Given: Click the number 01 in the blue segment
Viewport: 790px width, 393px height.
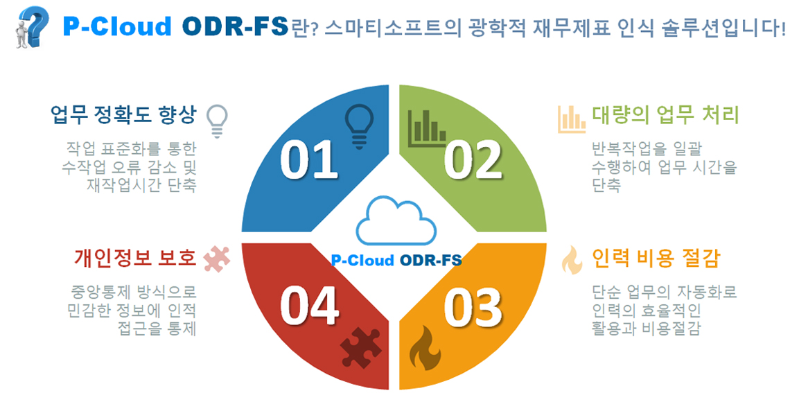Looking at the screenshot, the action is tap(309, 159).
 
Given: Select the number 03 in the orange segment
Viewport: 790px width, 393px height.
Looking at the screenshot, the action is tap(473, 307).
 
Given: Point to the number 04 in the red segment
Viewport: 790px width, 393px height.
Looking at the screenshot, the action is tap(309, 306).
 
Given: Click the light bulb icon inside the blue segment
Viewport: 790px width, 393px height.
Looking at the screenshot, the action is tap(359, 126).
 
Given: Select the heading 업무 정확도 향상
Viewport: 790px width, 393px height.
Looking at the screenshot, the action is tap(123, 115).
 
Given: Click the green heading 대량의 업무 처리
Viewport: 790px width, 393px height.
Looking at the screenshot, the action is tap(665, 115).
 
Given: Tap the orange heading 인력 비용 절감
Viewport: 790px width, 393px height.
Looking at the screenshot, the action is tap(656, 259).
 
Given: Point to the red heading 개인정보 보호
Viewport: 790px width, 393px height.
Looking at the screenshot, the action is tap(134, 258).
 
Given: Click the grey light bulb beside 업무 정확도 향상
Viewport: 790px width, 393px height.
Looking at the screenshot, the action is tap(217, 121).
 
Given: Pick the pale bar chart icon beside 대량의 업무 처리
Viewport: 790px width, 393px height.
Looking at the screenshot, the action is tap(571, 119).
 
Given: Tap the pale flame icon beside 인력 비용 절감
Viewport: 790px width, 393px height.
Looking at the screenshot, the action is tap(572, 260).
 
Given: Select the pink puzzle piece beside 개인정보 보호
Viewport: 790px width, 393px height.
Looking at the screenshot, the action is tap(217, 259).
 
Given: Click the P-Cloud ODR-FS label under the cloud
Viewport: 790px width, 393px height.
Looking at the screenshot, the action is tap(396, 260).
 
